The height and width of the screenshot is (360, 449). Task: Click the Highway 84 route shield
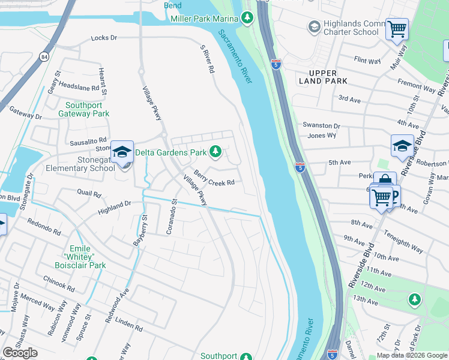(45, 56)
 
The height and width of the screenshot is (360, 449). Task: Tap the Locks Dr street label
(104, 38)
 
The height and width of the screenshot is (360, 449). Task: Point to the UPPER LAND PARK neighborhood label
(318, 77)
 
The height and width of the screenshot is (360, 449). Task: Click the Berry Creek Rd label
(213, 178)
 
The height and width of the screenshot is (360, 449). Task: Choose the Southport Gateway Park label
(87, 109)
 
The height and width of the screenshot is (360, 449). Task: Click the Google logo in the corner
(20, 353)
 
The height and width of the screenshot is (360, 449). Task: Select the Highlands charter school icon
(313, 26)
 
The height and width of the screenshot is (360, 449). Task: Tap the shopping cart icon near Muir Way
(397, 28)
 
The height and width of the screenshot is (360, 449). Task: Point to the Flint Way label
(367, 60)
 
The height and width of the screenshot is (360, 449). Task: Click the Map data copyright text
(412, 355)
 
